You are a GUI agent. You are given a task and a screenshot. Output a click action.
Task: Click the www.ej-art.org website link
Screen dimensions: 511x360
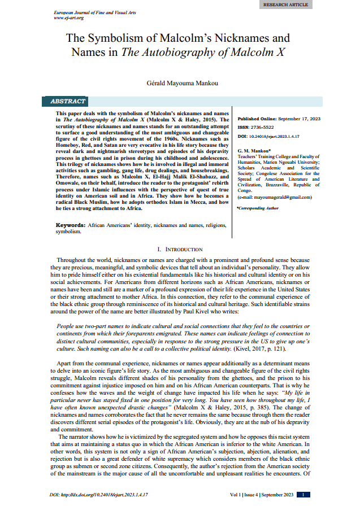pos(68,18)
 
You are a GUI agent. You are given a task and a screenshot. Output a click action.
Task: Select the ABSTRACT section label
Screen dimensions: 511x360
pos(68,102)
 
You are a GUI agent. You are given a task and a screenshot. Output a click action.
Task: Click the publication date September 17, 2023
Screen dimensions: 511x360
pos(300,119)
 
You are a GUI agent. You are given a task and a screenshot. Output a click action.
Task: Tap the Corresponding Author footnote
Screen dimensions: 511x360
pos(258,208)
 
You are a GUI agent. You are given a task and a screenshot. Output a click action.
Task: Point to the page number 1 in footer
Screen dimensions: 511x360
pos(303,495)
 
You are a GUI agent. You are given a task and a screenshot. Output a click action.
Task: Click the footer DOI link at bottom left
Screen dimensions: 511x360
pos(99,495)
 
